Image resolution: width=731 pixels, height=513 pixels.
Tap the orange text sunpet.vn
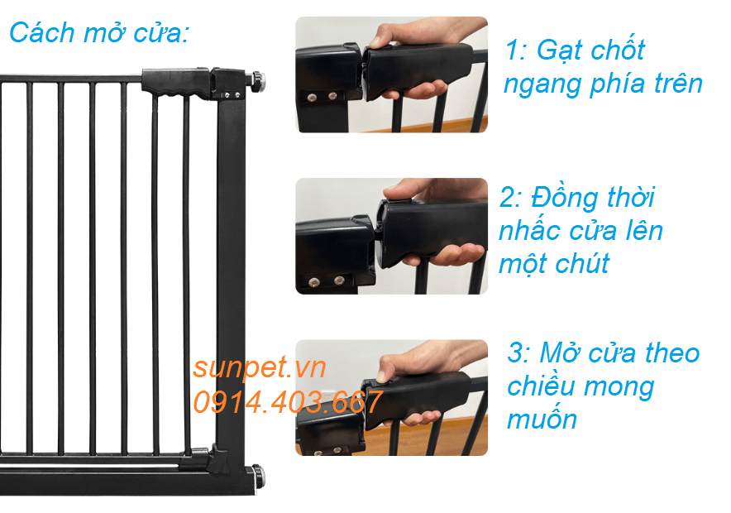259,367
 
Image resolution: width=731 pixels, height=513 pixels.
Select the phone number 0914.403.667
288,402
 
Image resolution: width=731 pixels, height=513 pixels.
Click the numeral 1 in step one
512,50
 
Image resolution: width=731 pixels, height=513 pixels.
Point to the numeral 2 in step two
508,197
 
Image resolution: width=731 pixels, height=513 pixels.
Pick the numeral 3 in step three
516,352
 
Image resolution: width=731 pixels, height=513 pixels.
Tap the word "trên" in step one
678,84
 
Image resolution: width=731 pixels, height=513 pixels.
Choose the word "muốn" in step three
542,419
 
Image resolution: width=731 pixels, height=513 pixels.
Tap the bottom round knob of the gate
258,476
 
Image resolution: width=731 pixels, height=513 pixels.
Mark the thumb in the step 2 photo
405,190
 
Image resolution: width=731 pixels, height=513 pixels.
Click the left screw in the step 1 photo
312,97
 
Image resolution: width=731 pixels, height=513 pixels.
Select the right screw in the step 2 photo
339,280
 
